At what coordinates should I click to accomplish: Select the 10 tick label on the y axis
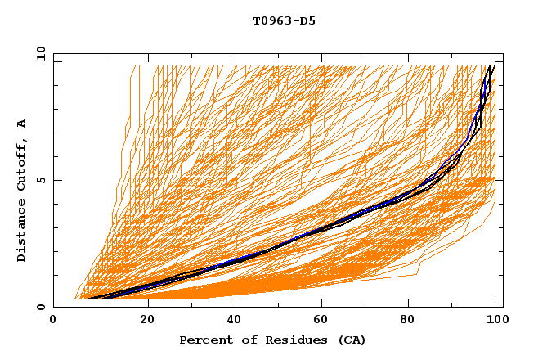click(40, 54)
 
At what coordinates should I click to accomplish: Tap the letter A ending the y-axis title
click(22, 123)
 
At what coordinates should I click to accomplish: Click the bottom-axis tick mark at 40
click(235, 304)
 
